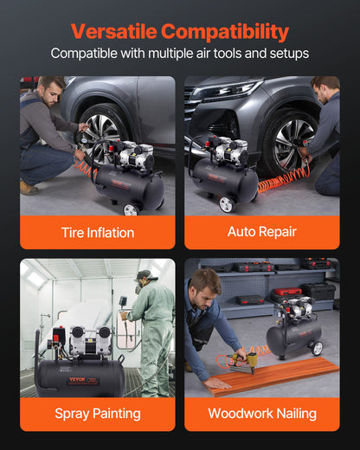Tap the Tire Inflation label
(97, 232)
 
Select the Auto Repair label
(261, 232)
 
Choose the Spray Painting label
(97, 413)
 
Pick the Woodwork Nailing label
(261, 413)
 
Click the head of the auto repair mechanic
(325, 87)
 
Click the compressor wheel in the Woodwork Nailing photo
(317, 348)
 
